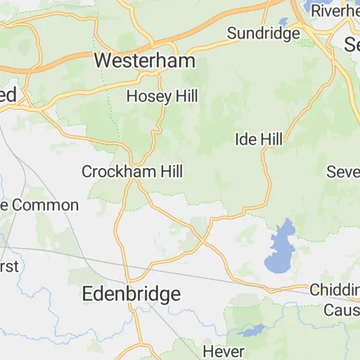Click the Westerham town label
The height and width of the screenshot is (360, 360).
144,61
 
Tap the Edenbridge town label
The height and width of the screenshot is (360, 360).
131,294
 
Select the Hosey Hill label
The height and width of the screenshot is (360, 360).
162,97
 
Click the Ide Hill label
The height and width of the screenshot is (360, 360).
258,139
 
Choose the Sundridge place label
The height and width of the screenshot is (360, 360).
264,33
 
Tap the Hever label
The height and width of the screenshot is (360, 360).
224,351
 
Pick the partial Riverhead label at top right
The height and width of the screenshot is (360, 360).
335,11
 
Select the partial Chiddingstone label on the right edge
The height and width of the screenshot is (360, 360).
335,290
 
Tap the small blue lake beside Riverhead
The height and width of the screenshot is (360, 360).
284,21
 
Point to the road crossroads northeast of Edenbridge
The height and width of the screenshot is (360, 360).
203,240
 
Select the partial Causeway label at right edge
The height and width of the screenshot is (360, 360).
341,310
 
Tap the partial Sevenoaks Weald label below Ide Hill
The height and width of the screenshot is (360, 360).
344,172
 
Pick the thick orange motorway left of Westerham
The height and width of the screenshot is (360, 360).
42,69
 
